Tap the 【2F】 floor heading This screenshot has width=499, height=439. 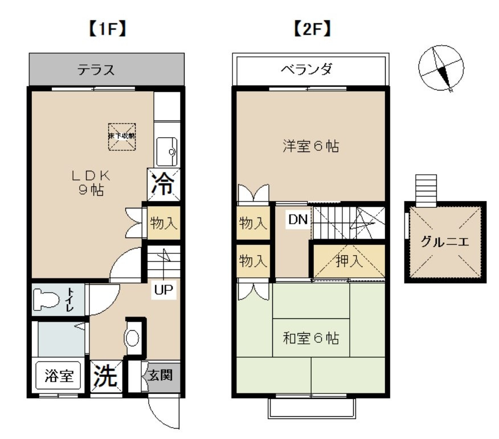point(311,30)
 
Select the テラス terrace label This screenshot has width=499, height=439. point(96,70)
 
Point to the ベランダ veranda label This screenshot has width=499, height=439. point(311,70)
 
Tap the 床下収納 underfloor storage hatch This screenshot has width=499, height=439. point(122,136)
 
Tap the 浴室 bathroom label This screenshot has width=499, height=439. point(59,377)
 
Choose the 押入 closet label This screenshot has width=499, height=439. point(348,261)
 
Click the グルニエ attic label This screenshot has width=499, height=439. point(445,241)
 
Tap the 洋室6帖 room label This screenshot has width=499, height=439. point(311,146)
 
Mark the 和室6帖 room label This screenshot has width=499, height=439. point(311,338)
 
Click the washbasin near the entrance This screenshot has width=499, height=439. point(132,338)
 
